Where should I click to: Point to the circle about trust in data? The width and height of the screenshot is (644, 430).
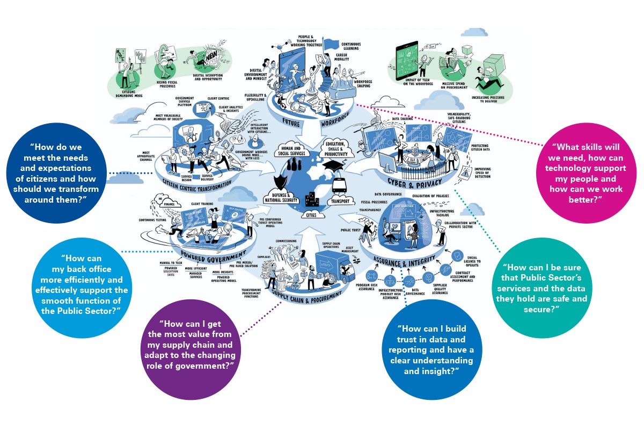tap(428, 350)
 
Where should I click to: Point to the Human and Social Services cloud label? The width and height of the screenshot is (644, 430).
tap(291, 152)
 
